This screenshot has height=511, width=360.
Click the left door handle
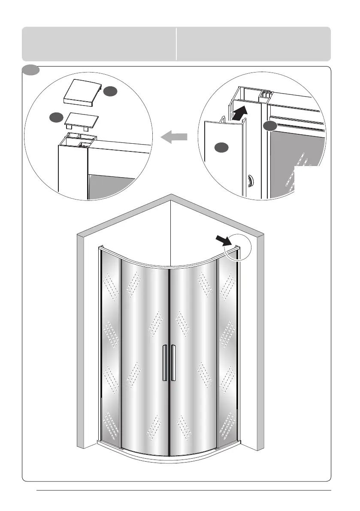tap(165, 363)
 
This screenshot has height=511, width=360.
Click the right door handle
tap(173, 363)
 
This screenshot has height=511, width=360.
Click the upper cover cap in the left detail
tap(83, 94)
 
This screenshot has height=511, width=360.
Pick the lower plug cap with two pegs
tap(80, 120)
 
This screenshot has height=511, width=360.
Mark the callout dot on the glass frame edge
tap(269, 126)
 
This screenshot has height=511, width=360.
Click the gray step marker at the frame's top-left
tap(31, 69)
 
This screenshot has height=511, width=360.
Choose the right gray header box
tap(254, 44)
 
